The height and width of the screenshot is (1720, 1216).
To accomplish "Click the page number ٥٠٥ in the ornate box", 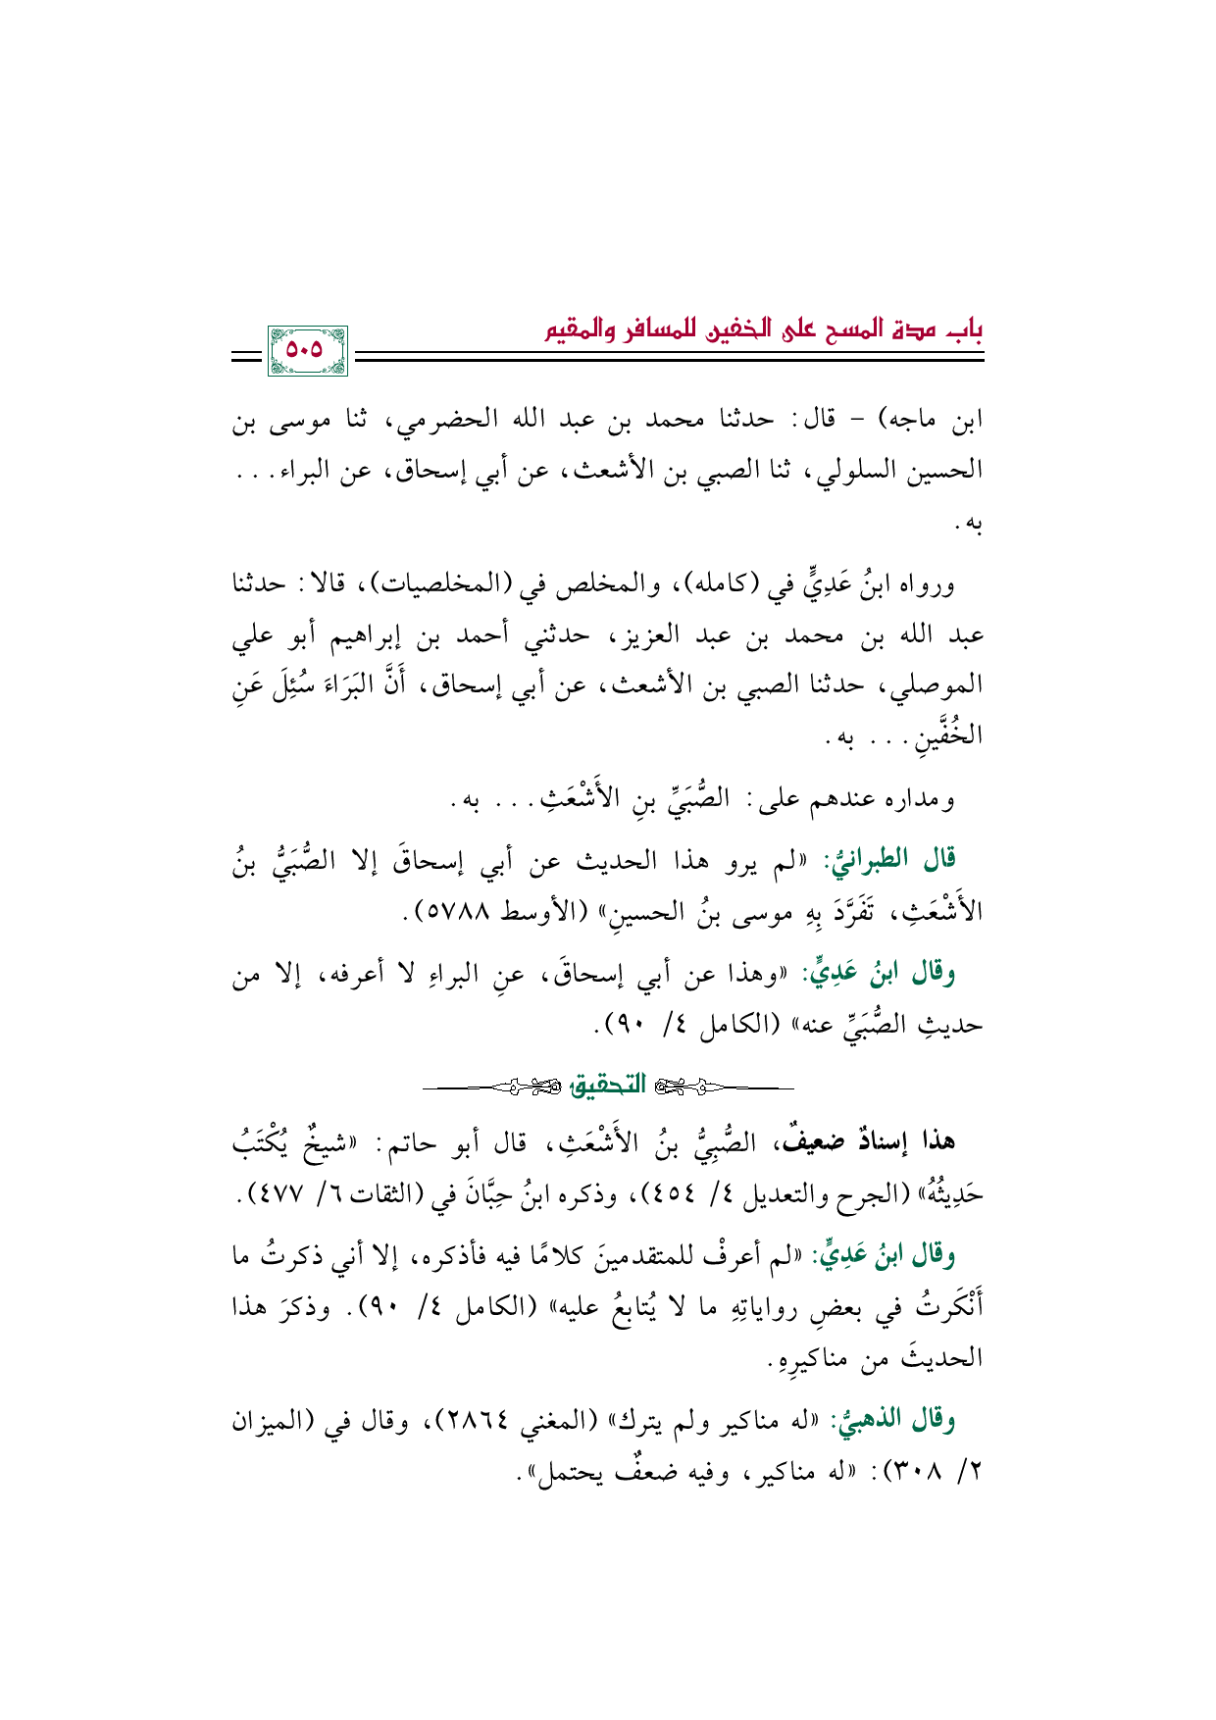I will click(305, 350).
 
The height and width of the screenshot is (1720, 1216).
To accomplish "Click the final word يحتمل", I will click(574, 1472).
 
